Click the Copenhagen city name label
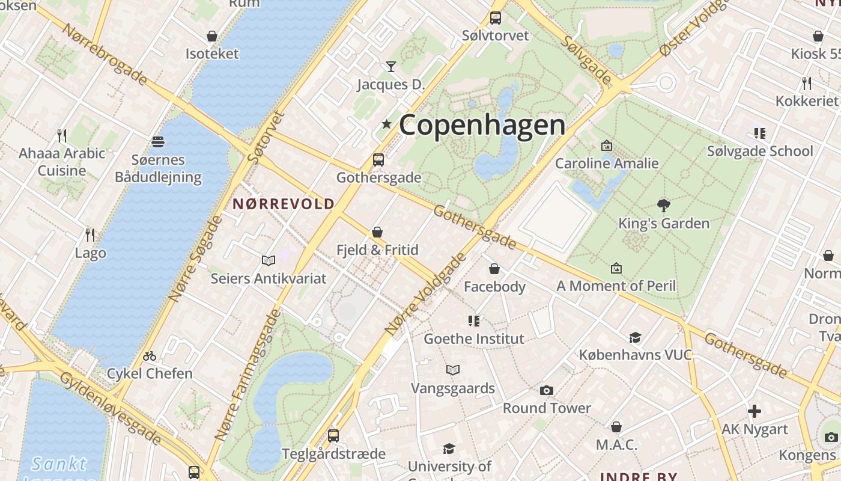pyautogui.click(x=482, y=125)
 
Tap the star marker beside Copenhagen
pyautogui.click(x=386, y=124)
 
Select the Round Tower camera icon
pyautogui.click(x=546, y=391)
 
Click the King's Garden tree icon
pyautogui.click(x=664, y=206)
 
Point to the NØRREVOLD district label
pyautogui.click(x=283, y=204)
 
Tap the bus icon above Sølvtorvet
pyautogui.click(x=496, y=18)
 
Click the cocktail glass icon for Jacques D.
pyautogui.click(x=391, y=66)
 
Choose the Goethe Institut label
pyautogui.click(x=474, y=339)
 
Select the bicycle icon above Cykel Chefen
pyautogui.click(x=150, y=356)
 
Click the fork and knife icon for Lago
pyautogui.click(x=90, y=234)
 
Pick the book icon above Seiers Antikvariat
pyautogui.click(x=269, y=260)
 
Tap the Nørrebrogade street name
pyautogui.click(x=105, y=55)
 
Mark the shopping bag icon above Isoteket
pyautogui.click(x=212, y=36)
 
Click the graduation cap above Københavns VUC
pyautogui.click(x=635, y=337)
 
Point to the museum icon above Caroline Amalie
pyautogui.click(x=607, y=146)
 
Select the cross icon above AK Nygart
pyautogui.click(x=754, y=411)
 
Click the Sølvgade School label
pyautogui.click(x=759, y=151)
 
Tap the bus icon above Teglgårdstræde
pyautogui.click(x=333, y=435)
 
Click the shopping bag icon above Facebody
pyautogui.click(x=494, y=269)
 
